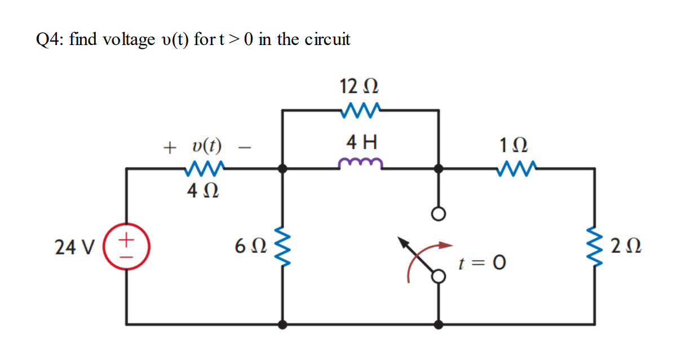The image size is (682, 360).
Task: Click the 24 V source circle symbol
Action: point(126,247)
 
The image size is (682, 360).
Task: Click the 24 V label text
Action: point(69,247)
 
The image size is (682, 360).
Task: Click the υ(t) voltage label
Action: point(206,147)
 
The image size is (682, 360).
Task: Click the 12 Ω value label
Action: point(359,87)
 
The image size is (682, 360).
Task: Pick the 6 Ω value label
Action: point(248,247)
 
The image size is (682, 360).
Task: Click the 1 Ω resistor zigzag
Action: point(516,167)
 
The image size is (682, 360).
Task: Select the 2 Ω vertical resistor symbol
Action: point(595,247)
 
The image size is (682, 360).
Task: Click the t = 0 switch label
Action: point(482,263)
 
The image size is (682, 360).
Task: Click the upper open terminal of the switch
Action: point(439,214)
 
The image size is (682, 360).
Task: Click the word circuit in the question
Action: point(327,39)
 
